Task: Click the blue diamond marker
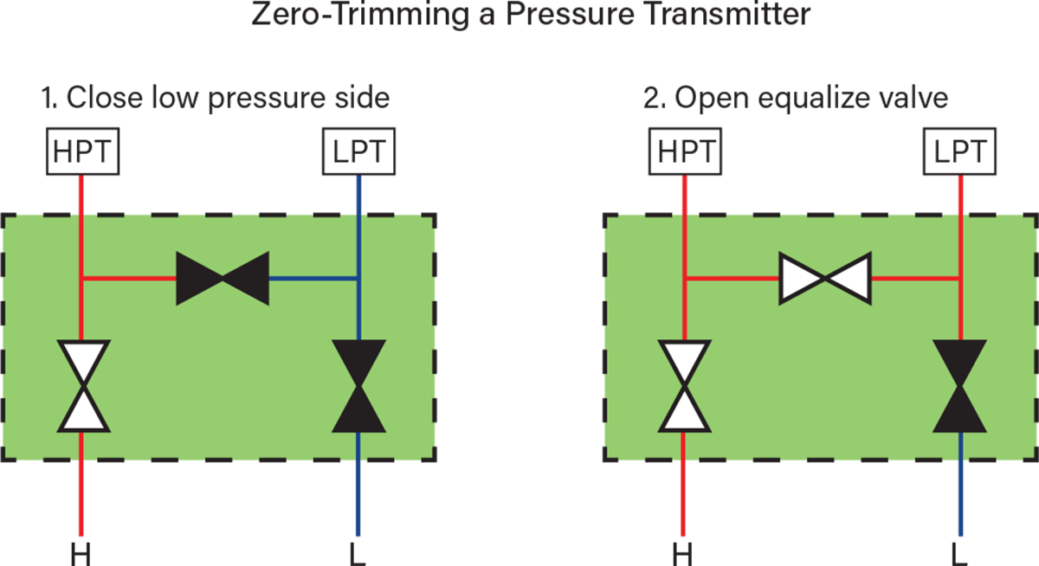pyautogui.click(x=358, y=194)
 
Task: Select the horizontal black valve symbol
pyautogui.click(x=223, y=278)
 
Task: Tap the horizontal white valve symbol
pyautogui.click(x=825, y=278)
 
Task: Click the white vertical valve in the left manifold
pyautogui.click(x=83, y=386)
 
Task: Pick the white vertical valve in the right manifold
pyautogui.click(x=684, y=386)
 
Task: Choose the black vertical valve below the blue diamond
pyautogui.click(x=358, y=386)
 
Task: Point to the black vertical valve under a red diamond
pyautogui.click(x=959, y=386)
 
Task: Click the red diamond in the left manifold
pyautogui.click(x=81, y=194)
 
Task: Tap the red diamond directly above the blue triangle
pyautogui.click(x=959, y=194)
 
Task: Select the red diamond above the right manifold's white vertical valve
pyautogui.click(x=685, y=194)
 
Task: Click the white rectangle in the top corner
pyautogui.click(x=997, y=62)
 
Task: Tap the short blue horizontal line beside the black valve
pyautogui.click(x=312, y=278)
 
